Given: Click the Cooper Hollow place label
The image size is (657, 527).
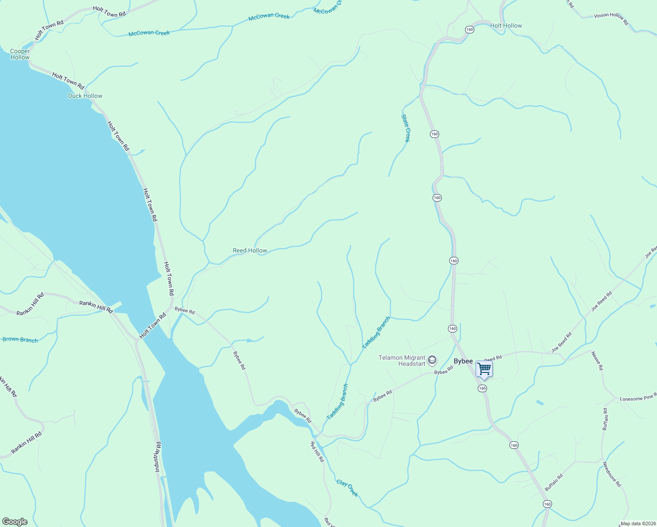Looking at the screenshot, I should (20, 54).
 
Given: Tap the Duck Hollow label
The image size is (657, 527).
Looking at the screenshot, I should (85, 96).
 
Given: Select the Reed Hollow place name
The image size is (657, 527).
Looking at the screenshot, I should (250, 250).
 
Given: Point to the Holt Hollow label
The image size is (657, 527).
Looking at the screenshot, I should (506, 25).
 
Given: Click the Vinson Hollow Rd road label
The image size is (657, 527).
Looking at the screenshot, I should (611, 18).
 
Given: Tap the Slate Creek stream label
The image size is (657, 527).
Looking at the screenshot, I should (406, 128).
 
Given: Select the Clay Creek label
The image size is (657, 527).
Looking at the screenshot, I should (347, 488).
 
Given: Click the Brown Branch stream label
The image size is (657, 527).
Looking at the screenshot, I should (20, 339).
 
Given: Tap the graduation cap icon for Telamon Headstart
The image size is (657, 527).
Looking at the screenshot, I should (432, 361).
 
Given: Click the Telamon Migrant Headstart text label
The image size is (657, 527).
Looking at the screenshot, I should (402, 361).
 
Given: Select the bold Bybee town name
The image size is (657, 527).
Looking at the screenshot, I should (463, 361).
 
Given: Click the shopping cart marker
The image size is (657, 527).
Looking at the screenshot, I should (484, 369).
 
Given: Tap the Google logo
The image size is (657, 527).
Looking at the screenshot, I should (14, 522).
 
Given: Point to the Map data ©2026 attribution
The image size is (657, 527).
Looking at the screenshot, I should (638, 523).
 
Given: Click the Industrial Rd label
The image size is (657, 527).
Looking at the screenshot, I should (157, 457).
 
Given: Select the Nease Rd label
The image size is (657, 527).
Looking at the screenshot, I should (597, 361).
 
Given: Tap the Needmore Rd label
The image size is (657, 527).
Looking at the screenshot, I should (612, 474).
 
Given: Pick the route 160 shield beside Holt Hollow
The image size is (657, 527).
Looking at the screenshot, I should (469, 29).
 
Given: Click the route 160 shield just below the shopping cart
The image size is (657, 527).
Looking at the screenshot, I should (482, 388).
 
